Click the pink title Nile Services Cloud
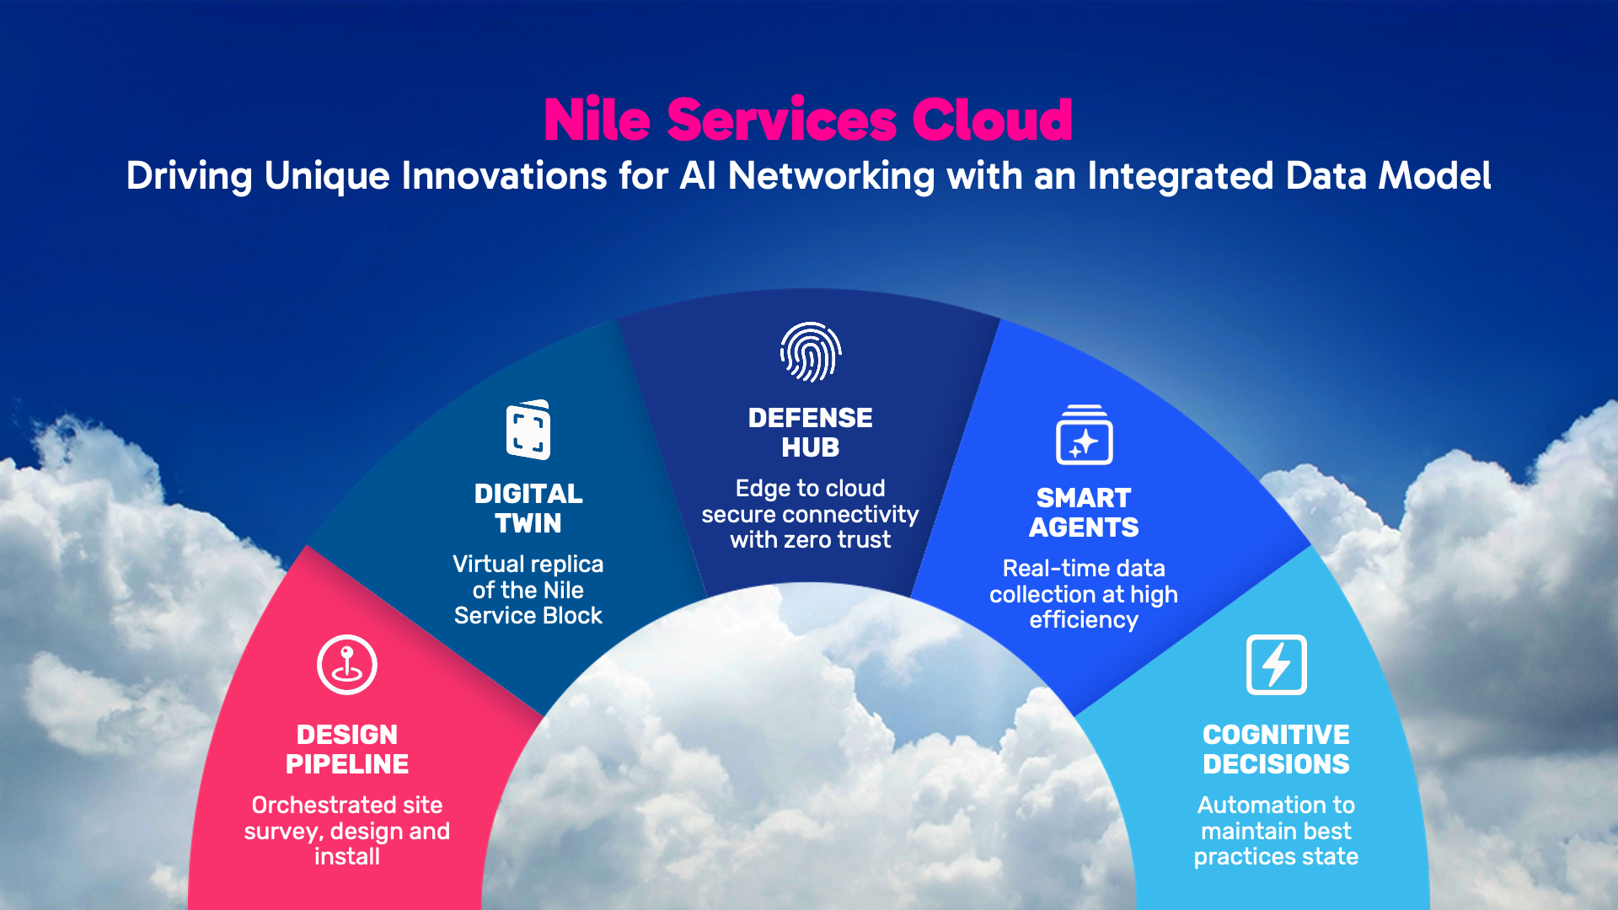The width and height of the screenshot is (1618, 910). (x=808, y=119)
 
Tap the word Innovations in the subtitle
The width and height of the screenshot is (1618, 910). (x=504, y=176)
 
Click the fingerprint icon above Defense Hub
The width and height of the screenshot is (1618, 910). (x=811, y=352)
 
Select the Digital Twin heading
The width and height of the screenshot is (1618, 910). (x=528, y=508)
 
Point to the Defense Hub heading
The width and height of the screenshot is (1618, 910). (x=811, y=432)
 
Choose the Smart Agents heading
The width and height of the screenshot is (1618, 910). (x=1084, y=512)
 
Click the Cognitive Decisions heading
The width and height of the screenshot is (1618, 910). (x=1276, y=749)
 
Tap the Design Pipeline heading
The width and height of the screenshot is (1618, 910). (x=347, y=749)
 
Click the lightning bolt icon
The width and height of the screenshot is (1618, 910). (x=1277, y=665)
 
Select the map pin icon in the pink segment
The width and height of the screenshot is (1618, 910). (x=347, y=665)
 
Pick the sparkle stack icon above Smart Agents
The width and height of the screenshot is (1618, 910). (x=1085, y=435)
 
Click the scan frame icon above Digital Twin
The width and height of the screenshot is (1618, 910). (x=528, y=430)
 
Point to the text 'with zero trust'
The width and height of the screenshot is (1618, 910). (x=811, y=539)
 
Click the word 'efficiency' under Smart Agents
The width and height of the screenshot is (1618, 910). (x=1084, y=620)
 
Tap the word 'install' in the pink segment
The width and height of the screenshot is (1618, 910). (x=347, y=856)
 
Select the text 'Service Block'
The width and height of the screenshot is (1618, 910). (x=528, y=615)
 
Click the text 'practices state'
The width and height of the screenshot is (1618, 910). (x=1276, y=857)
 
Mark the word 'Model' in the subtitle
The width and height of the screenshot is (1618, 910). (x=1434, y=176)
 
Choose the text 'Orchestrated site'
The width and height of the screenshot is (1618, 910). (x=347, y=805)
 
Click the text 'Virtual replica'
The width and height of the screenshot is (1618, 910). (x=528, y=564)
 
